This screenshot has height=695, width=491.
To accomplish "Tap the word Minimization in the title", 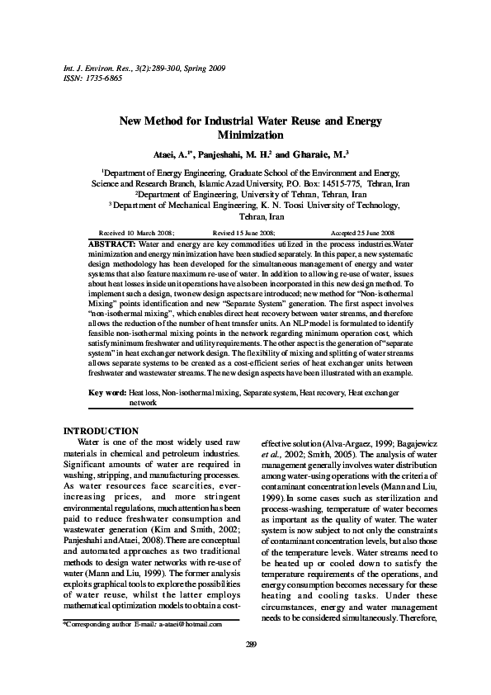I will pyautogui.click(x=250, y=135).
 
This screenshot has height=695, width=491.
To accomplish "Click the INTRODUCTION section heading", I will pyautogui.click(x=101, y=432).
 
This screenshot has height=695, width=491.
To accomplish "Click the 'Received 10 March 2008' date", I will pyautogui.click(x=136, y=234).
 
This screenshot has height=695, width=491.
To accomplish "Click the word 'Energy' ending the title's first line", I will pyautogui.click(x=362, y=121).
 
